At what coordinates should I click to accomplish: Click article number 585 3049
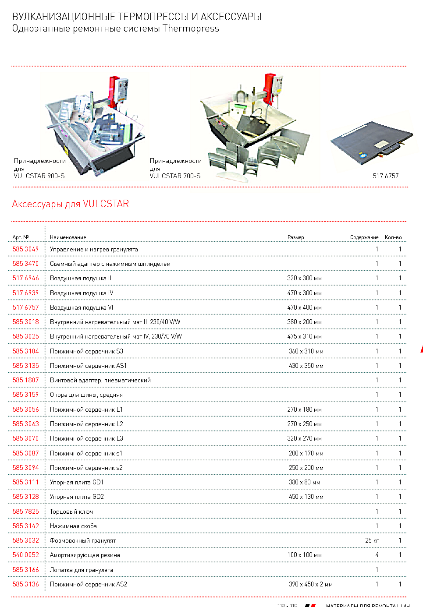[x=25, y=249]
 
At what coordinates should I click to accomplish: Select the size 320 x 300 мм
[x=304, y=278]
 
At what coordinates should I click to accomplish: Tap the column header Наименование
[x=68, y=237]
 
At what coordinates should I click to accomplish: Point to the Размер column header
[x=295, y=237]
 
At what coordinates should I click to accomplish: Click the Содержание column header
[x=364, y=237]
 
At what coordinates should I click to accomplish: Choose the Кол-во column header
[x=393, y=237]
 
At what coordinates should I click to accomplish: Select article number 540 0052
[x=25, y=555]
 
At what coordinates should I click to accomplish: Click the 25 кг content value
[x=372, y=540]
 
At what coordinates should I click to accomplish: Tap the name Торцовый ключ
[x=71, y=512]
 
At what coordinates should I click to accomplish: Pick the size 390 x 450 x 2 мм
[x=310, y=584]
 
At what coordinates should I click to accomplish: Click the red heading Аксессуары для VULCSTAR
[x=71, y=204]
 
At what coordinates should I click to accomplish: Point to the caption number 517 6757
[x=386, y=176]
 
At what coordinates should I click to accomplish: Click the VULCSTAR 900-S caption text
[x=39, y=176]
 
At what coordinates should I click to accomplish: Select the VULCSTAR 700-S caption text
[x=175, y=176]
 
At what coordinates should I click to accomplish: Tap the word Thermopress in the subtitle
[x=191, y=28]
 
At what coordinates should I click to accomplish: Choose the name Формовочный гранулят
[x=83, y=540]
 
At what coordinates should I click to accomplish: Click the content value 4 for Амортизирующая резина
[x=377, y=555]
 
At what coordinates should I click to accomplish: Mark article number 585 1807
[x=25, y=380]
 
